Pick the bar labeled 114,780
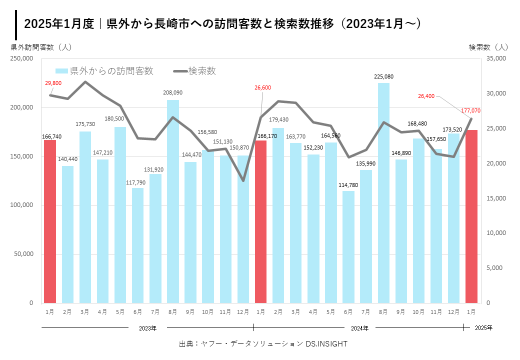348,247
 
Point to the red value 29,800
53,83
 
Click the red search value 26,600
262,87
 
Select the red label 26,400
426,95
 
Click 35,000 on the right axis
495,58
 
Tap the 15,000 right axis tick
495,198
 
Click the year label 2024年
359,328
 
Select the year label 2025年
483,328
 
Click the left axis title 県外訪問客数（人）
41,47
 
